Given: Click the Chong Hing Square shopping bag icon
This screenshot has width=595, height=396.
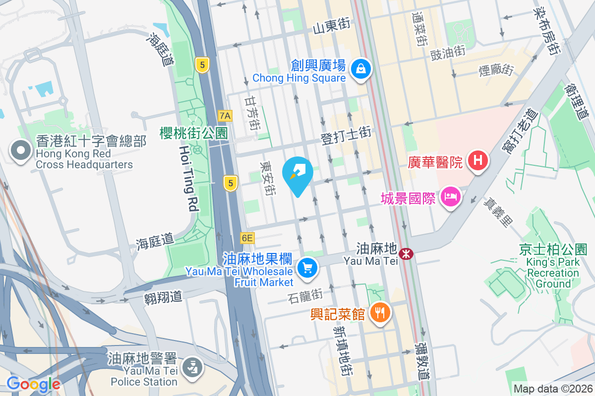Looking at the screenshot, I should pyautogui.click(x=361, y=69).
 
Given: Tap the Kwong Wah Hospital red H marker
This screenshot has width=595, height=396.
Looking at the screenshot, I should pyautogui.click(x=478, y=161).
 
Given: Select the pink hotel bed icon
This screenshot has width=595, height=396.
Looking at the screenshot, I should pyautogui.click(x=450, y=197).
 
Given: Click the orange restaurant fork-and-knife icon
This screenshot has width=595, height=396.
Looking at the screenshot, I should pyautogui.click(x=380, y=312).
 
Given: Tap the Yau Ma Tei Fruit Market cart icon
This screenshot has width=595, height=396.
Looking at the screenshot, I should pyautogui.click(x=307, y=268).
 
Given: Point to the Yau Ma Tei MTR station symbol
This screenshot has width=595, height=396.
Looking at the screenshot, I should pyautogui.click(x=406, y=254).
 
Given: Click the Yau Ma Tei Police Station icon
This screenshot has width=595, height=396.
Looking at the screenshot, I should pyautogui.click(x=190, y=368).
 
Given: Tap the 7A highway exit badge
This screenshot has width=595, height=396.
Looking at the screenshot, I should pyautogui.click(x=225, y=116).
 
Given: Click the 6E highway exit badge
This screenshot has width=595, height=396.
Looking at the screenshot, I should pyautogui.click(x=247, y=238).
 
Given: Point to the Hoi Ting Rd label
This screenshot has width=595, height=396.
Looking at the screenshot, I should pyautogui.click(x=185, y=179).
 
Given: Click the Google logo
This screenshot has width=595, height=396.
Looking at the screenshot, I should pyautogui.click(x=33, y=384).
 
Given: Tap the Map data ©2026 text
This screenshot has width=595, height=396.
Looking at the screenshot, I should pyautogui.click(x=553, y=389).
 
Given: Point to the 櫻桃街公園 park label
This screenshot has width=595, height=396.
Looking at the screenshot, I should pyautogui.click(x=193, y=133).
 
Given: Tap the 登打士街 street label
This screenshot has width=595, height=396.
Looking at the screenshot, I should pyautogui.click(x=346, y=134).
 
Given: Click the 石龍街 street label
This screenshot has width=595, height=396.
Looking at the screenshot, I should pyautogui.click(x=305, y=296).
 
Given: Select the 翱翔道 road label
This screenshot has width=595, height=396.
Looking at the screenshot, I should pyautogui.click(x=164, y=297).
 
